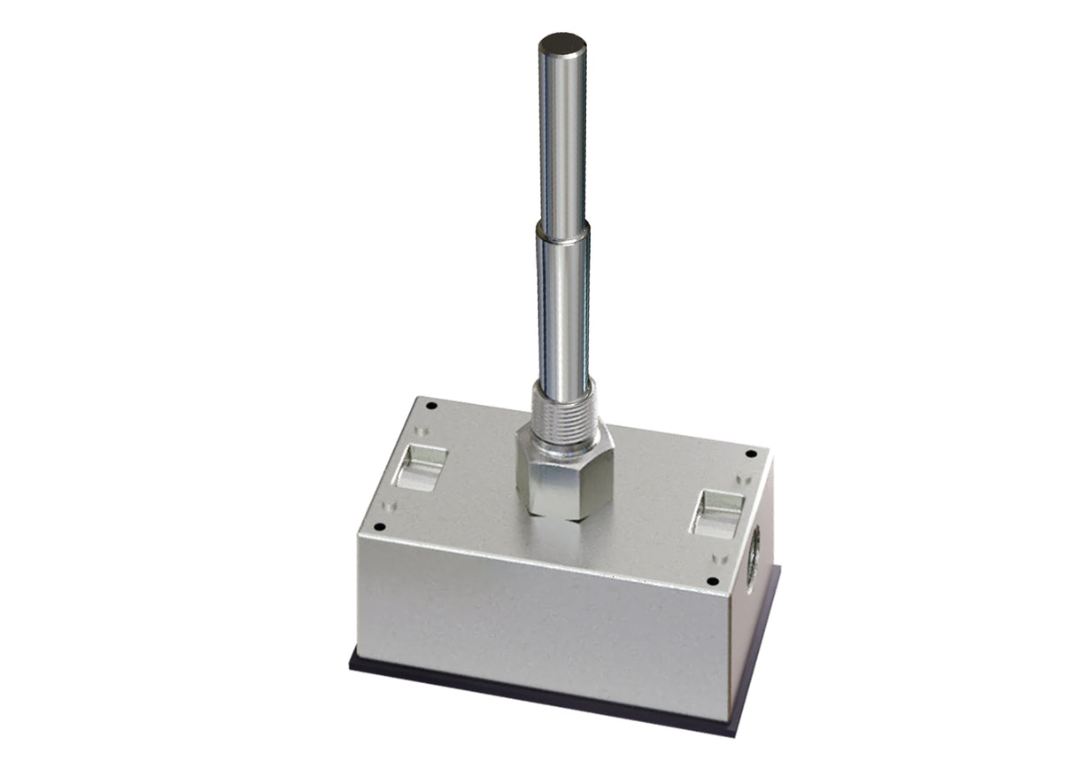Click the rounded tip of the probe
coord(562,43)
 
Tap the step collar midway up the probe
coord(562,233)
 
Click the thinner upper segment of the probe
coord(562,133)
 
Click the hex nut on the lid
coord(565,474)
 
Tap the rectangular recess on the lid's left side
coord(420,468)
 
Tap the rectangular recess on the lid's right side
coord(717,515)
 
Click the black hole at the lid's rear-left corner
coord(431,406)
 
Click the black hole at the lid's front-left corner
coord(379,526)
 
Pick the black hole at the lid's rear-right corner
coord(751,454)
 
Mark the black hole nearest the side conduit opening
coord(712,581)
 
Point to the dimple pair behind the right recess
coord(742,479)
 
